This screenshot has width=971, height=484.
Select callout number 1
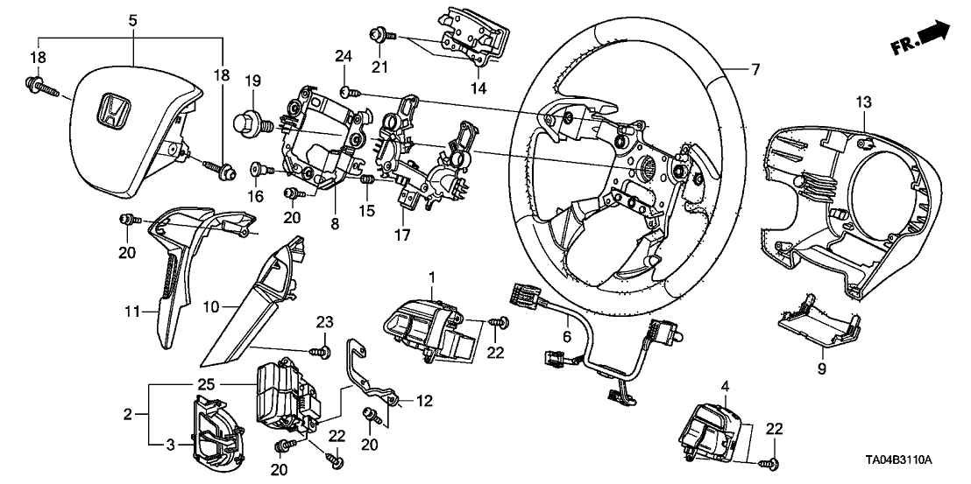(431, 277)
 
